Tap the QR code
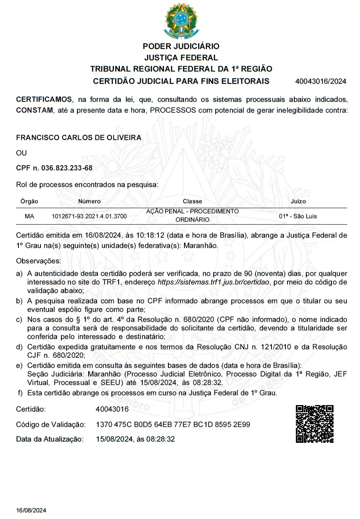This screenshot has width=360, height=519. click(x=315, y=424)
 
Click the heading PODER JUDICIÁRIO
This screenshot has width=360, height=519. click(x=181, y=47)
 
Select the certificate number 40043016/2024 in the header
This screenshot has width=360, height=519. click(x=320, y=81)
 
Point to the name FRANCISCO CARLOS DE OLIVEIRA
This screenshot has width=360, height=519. click(x=79, y=138)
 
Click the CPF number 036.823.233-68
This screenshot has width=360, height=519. click(x=67, y=168)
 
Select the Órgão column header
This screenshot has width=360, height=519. click(x=29, y=201)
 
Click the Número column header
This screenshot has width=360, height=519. click(x=89, y=201)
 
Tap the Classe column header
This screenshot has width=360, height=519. click(x=192, y=201)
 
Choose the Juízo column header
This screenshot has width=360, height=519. click(x=298, y=201)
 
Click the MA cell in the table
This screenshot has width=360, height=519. click(x=29, y=216)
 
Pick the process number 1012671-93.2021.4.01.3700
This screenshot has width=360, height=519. click(x=89, y=217)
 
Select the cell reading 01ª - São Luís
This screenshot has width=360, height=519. click(x=298, y=216)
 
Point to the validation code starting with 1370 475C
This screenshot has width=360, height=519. click(x=173, y=424)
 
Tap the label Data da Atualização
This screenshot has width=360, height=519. click(x=50, y=439)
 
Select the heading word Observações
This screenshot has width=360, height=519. click(x=38, y=261)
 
